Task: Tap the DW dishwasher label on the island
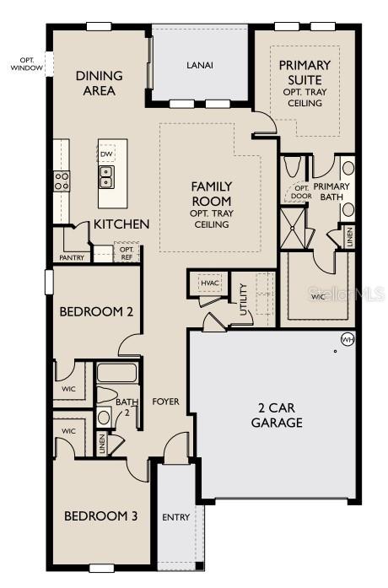pos(106,154)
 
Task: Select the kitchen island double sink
pos(107,176)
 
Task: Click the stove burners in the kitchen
pos(62,179)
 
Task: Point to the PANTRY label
pos(72,257)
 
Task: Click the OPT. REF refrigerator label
pos(127,253)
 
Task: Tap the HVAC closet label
pos(210,283)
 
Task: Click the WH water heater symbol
pos(347,339)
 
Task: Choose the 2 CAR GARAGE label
pos(276,414)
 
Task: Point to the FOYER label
pos(165,402)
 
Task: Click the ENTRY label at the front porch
pos(176,517)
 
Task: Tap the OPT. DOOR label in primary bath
pos(302,192)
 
